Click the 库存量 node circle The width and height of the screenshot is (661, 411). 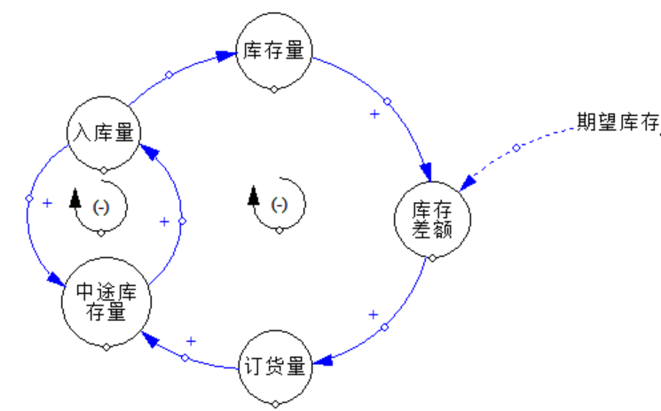[274, 50]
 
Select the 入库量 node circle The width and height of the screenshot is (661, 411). [104, 133]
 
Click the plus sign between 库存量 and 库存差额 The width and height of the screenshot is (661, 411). [374, 114]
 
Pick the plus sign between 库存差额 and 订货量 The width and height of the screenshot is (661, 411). [373, 314]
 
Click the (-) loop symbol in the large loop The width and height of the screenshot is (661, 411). [279, 205]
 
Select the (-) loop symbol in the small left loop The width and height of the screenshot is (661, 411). [101, 205]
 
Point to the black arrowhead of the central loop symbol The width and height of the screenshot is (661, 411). [254, 196]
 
